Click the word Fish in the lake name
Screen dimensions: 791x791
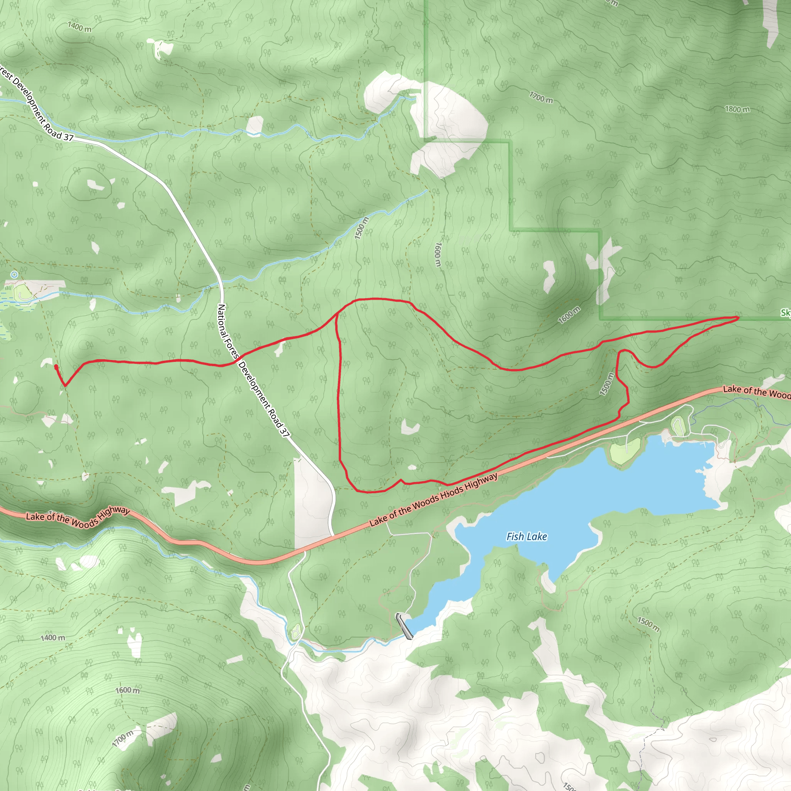[515, 536]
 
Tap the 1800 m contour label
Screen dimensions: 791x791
[737, 109]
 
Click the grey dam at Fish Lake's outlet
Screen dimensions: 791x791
[404, 626]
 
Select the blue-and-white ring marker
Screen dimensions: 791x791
[14, 275]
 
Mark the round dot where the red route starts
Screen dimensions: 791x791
[56, 366]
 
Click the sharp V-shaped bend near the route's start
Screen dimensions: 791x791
[65, 385]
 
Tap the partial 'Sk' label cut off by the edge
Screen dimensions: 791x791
[786, 313]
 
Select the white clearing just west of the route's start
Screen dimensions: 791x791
[46, 363]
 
